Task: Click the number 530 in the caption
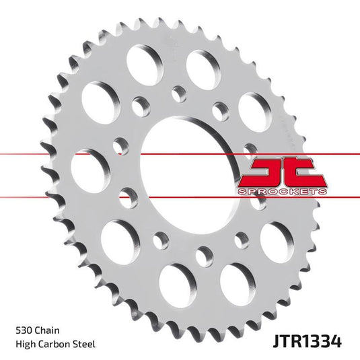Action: [24, 332]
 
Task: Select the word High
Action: [25, 345]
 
